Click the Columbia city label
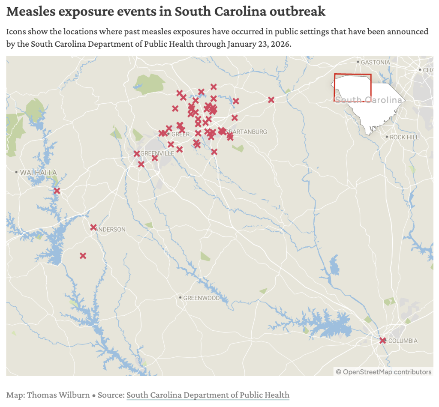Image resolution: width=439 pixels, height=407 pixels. [x=403, y=341]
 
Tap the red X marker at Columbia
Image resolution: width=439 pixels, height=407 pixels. [x=383, y=341]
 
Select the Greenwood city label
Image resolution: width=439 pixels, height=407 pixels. [x=201, y=298]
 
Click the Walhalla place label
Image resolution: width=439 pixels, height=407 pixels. [x=38, y=172]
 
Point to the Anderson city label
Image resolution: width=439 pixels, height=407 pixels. [x=111, y=229]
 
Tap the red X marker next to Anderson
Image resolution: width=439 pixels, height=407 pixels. [x=93, y=227]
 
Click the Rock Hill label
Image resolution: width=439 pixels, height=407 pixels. [x=404, y=137]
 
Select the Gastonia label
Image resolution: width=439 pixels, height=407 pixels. [x=375, y=62]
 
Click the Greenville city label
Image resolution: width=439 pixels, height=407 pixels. [x=157, y=153]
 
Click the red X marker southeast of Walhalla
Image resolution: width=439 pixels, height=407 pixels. [x=57, y=191]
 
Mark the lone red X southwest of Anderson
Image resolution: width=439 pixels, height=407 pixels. [x=83, y=256]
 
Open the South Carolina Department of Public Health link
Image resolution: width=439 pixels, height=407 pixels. [x=207, y=395]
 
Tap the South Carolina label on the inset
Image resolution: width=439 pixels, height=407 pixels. [x=369, y=100]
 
